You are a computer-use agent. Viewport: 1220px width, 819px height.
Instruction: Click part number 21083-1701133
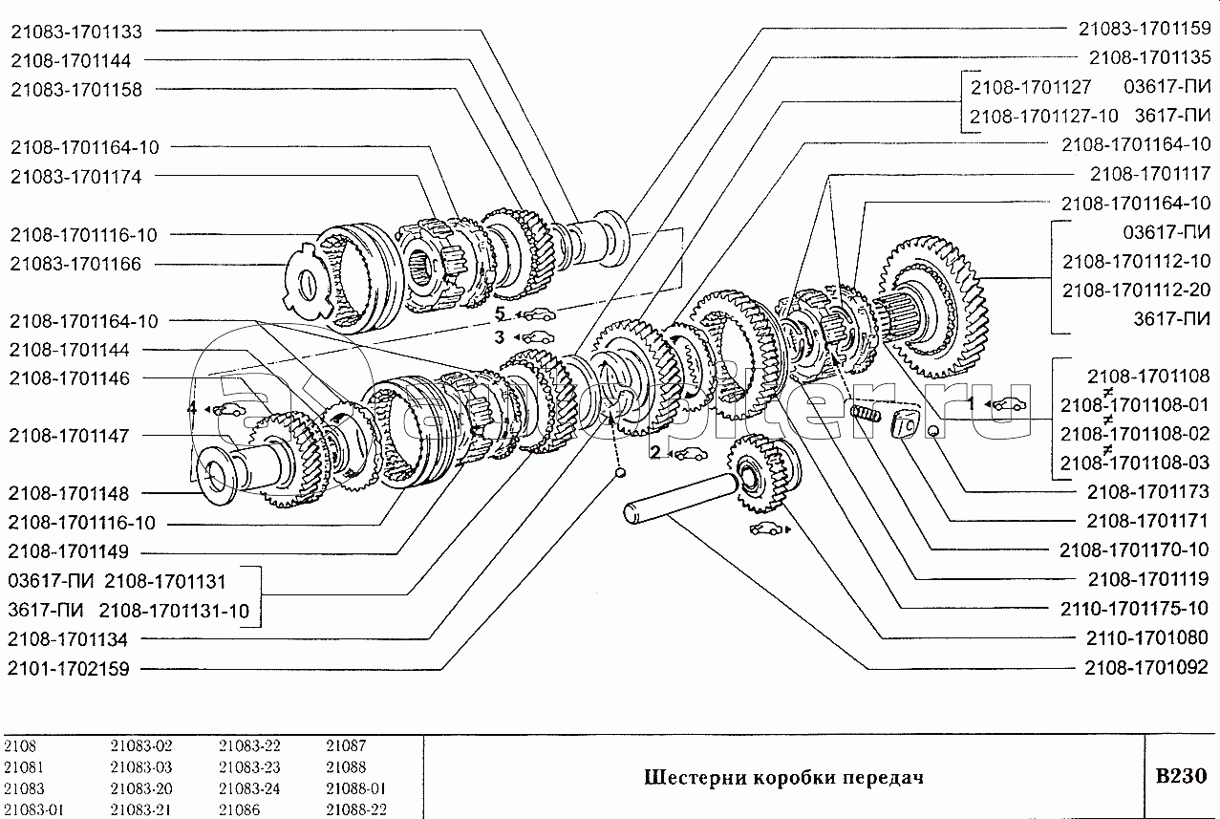76,32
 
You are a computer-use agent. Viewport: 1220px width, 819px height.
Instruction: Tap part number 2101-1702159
69,668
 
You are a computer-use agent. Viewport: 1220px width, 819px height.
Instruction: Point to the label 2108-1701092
1146,667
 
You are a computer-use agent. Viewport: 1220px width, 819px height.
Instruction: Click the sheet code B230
1181,775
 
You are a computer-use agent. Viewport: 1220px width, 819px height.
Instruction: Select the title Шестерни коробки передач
783,777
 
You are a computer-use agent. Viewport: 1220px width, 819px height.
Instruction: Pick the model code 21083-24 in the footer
249,787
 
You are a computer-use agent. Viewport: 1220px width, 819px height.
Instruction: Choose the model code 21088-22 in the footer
356,809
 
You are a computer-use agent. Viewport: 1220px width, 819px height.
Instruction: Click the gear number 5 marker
500,313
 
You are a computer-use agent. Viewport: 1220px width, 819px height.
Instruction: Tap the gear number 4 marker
192,408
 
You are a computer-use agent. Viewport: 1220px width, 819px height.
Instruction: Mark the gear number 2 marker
655,452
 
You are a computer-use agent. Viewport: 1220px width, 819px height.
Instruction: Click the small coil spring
865,414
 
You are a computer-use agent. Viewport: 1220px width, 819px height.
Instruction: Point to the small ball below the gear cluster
619,472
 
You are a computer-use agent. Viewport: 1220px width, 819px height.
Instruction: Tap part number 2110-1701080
1147,637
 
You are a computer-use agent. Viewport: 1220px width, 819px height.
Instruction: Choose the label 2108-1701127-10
1043,116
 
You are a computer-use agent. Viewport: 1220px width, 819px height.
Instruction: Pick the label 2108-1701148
69,494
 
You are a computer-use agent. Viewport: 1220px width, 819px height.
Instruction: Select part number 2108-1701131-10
174,611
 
